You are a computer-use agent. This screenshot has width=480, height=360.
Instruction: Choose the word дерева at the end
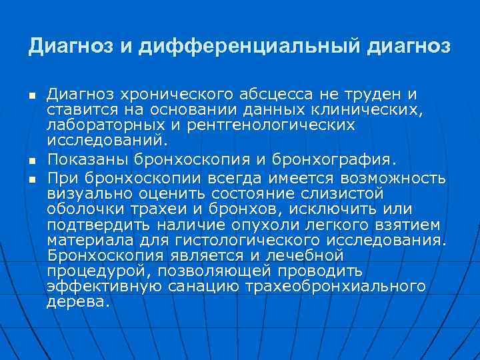[x=76, y=301]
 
